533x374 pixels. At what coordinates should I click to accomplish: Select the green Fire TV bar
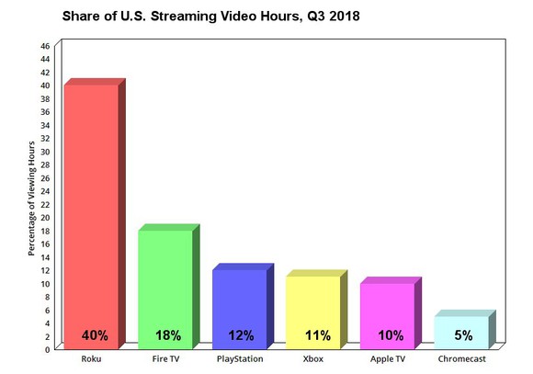coord(164,276)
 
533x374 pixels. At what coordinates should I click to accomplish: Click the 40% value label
coord(94,335)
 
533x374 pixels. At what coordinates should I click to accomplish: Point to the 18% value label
coord(167,335)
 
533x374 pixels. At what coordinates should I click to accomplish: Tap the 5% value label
coord(463,335)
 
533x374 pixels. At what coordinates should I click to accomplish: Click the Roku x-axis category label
coord(90,359)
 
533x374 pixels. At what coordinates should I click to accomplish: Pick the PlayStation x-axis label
coord(240,359)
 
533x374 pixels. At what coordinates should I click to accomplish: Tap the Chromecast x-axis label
coord(462,359)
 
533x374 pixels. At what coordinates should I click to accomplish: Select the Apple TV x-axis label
coord(387,359)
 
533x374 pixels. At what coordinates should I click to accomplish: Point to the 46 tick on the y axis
coord(46,45)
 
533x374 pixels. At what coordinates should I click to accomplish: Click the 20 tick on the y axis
coord(46,217)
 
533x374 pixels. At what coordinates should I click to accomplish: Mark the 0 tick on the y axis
coord(49,349)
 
